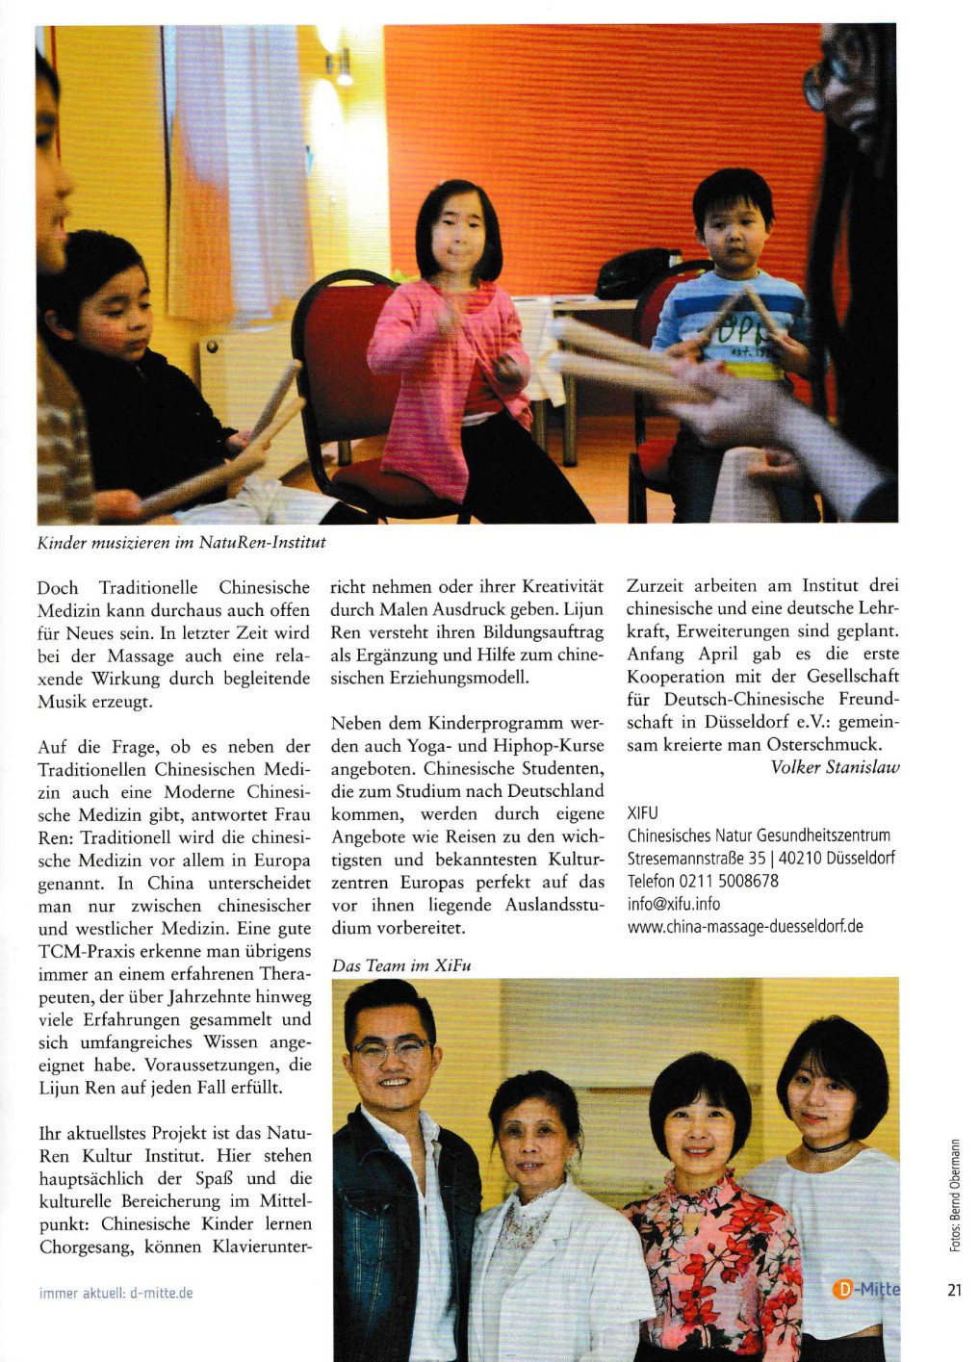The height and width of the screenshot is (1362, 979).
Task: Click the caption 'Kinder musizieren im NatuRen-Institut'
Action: (x=181, y=543)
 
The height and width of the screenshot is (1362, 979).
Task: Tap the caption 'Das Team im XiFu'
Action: (x=401, y=965)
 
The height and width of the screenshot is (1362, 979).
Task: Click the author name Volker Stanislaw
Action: (x=835, y=767)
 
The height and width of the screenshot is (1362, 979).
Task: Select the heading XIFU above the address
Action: (x=643, y=813)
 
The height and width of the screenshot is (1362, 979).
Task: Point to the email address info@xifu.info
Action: (x=674, y=904)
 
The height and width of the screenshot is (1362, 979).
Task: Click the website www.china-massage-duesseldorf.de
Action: (x=745, y=927)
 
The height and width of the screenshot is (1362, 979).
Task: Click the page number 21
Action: (x=954, y=1291)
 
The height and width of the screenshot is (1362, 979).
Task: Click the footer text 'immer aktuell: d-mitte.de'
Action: (x=116, y=1293)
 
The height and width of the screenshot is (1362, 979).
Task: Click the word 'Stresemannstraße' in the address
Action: (x=684, y=858)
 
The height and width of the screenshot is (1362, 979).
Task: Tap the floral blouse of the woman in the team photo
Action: (x=712, y=1251)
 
